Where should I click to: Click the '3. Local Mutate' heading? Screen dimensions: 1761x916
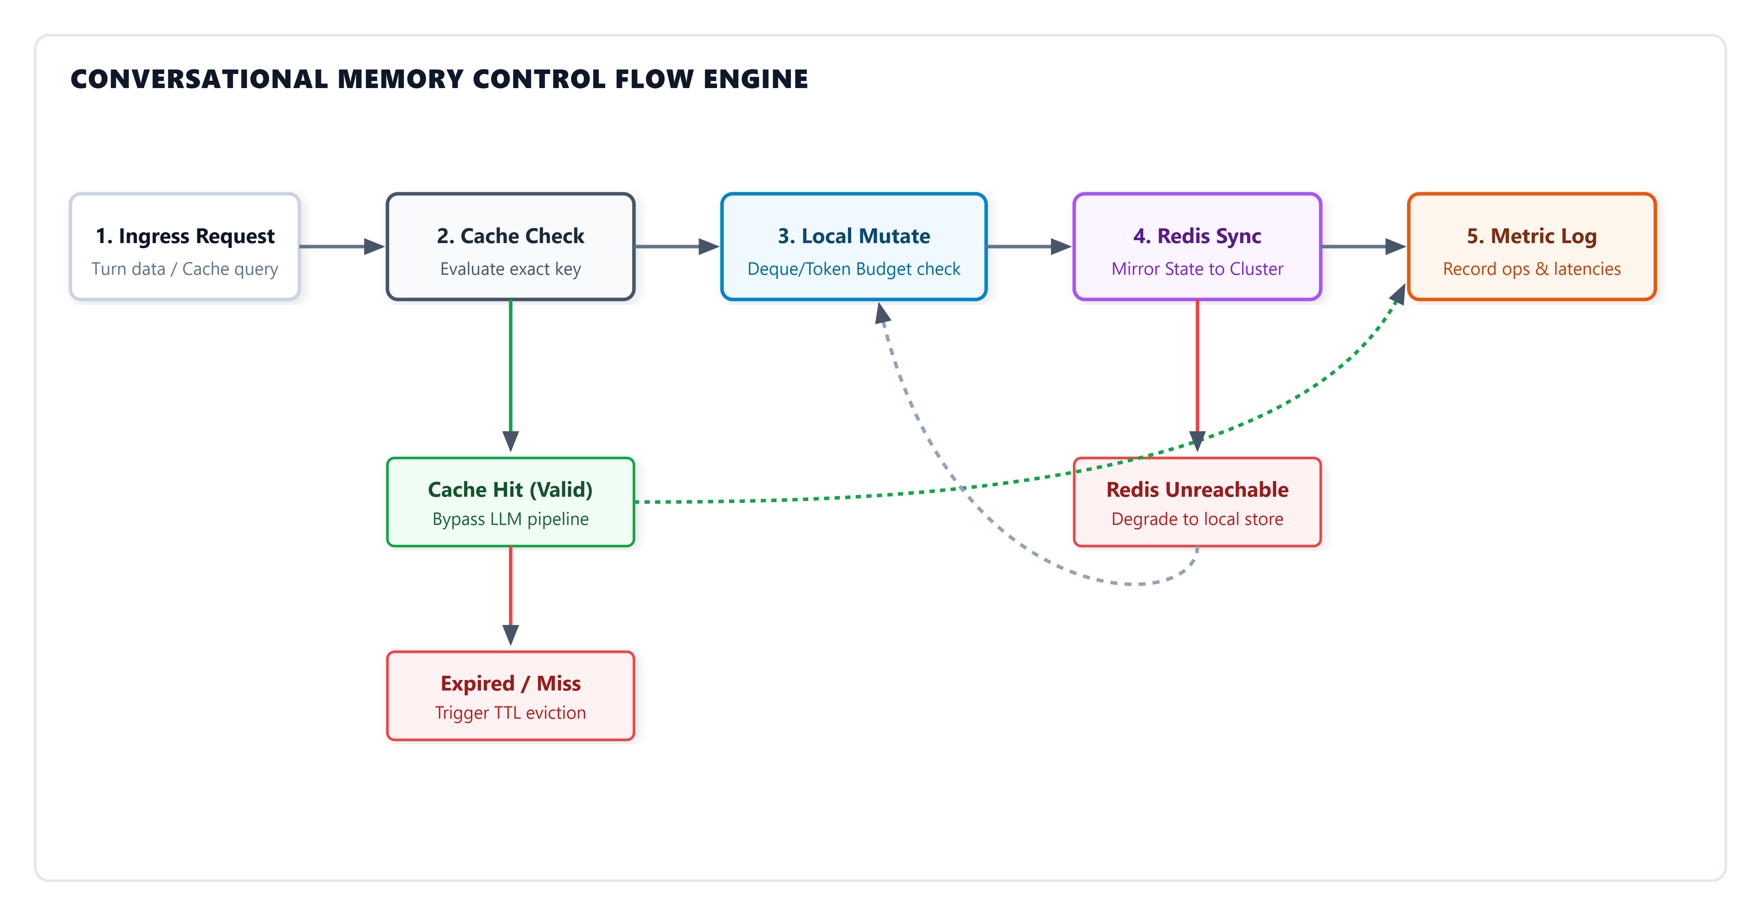click(x=854, y=236)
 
